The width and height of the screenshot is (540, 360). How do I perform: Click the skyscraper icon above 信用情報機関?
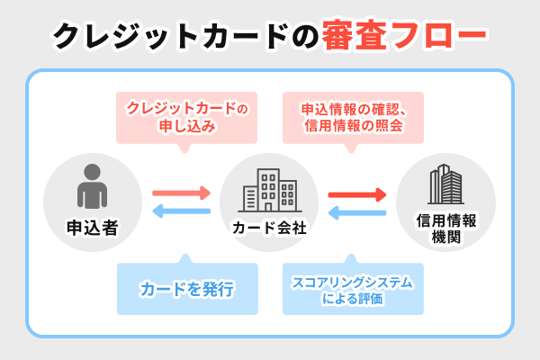(x=445, y=187)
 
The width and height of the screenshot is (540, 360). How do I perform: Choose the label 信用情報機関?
(x=445, y=229)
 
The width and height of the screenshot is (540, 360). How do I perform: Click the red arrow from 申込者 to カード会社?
(x=181, y=193)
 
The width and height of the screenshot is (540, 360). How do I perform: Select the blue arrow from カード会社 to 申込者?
(x=181, y=212)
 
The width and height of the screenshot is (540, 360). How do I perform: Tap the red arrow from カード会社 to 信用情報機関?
(x=357, y=193)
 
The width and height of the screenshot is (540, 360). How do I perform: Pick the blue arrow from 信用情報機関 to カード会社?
(x=357, y=212)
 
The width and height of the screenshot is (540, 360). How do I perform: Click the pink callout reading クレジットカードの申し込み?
(x=187, y=117)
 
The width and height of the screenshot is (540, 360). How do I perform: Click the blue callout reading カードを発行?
(x=187, y=289)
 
